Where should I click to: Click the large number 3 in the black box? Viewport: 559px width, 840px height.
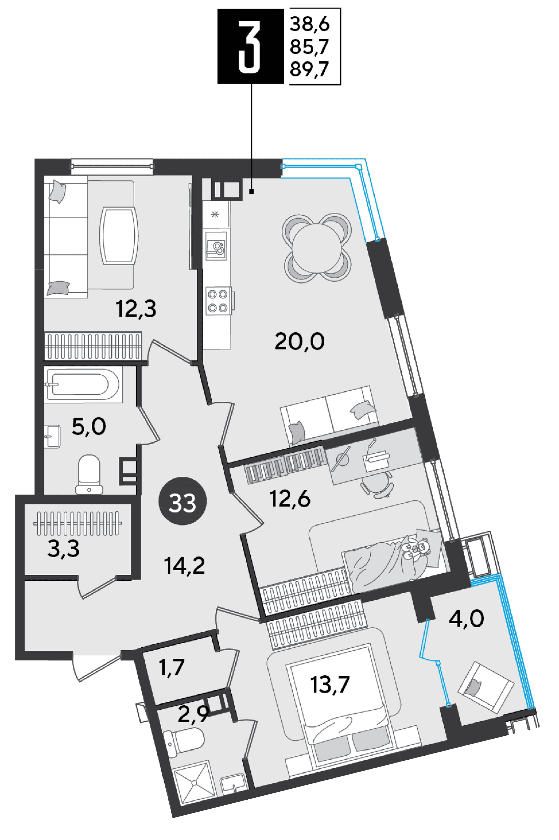[249, 46]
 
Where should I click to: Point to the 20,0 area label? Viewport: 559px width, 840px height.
[299, 341]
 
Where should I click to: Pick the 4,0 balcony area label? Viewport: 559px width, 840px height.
[466, 619]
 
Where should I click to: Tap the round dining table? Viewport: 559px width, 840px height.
[317, 248]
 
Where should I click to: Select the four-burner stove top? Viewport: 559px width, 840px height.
[218, 300]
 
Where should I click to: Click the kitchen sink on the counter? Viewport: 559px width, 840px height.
[216, 246]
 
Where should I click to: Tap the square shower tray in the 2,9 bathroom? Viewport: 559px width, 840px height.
[194, 783]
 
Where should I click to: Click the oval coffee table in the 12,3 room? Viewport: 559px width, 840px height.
[119, 236]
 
